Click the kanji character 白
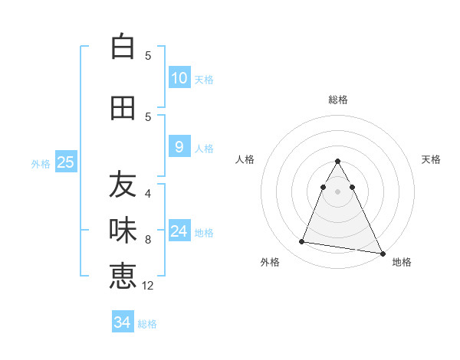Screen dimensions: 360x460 click(123, 47)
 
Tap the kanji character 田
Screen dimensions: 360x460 click(123, 109)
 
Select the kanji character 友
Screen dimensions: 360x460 click(123, 185)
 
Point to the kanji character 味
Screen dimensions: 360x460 click(123, 229)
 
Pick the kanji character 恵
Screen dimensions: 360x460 click(123, 276)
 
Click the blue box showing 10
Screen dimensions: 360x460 click(179, 78)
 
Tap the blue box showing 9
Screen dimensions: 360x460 click(179, 147)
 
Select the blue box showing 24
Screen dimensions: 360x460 click(179, 231)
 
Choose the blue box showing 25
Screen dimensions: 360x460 click(66, 162)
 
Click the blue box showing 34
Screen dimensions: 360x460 click(122, 322)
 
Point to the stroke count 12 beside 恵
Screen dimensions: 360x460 click(148, 285)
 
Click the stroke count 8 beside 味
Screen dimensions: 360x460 click(148, 240)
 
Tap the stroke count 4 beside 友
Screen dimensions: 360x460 click(148, 194)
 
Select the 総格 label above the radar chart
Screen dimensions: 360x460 click(337, 100)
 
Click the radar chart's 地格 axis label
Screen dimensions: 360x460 click(402, 262)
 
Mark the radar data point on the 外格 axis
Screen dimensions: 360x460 click(302, 242)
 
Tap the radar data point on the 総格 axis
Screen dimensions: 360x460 click(337, 162)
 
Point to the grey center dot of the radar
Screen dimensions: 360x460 click(337, 191)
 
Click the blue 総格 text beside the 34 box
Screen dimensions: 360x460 click(147, 324)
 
